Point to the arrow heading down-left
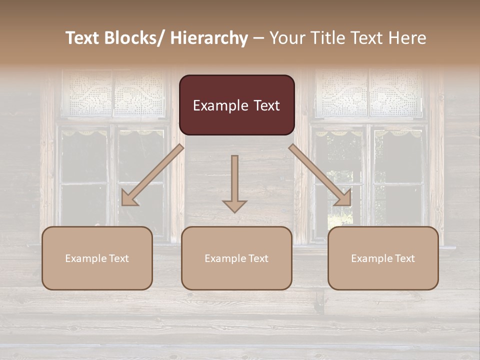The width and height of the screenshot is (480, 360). point(152,175)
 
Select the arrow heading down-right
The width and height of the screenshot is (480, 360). point(320,175)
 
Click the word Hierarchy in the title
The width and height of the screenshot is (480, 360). point(209,38)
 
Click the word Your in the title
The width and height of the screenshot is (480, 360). point(285,38)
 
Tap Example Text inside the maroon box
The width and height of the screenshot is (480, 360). point(236,105)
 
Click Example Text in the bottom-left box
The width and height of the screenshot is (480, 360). point(97,258)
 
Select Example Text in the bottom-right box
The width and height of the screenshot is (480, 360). point(383,258)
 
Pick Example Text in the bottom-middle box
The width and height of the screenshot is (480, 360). point(236,258)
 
